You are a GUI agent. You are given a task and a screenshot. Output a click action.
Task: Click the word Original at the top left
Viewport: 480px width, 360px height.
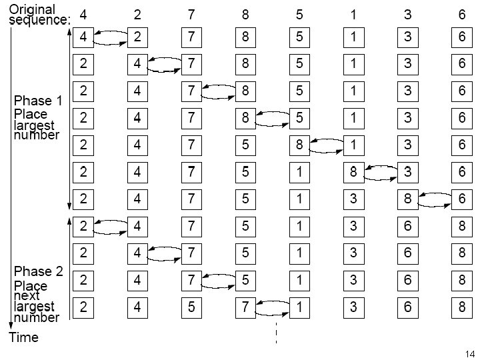pos(32,9)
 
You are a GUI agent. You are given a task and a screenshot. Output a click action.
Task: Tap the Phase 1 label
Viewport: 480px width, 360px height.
pos(38,101)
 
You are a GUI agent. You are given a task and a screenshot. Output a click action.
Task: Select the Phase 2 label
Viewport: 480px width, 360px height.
pos(38,271)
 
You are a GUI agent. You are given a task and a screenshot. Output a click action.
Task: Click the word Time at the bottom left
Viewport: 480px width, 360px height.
pos(24,337)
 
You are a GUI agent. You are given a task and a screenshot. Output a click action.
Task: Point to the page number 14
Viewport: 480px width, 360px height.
pos(470,353)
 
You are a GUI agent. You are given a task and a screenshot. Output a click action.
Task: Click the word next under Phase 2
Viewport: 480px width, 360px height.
pos(27,296)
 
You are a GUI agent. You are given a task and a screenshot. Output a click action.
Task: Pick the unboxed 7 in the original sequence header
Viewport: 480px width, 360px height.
pos(191,15)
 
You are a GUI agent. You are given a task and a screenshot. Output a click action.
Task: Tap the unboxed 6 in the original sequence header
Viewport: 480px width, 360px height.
pos(461,15)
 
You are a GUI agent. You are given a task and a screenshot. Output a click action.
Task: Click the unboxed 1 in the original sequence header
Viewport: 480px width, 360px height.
pos(353,15)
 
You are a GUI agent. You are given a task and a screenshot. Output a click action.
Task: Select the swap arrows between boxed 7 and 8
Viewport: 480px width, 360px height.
pos(219,92)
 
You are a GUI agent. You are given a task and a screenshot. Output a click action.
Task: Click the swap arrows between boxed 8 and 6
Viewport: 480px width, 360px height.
pos(435,199)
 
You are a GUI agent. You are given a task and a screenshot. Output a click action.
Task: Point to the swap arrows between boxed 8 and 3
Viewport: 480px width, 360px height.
pos(381,173)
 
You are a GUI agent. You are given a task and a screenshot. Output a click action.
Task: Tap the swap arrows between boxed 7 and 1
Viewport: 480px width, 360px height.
pos(273,308)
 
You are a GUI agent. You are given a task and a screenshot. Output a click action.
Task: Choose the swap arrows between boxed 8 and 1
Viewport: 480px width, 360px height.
pos(327,146)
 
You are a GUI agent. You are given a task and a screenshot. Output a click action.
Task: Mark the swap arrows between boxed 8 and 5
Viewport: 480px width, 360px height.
pos(273,119)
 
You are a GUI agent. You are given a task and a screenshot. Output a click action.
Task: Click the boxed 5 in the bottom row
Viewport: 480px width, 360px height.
pos(191,307)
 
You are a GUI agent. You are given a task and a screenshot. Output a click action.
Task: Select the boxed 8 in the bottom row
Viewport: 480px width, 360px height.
pos(461,307)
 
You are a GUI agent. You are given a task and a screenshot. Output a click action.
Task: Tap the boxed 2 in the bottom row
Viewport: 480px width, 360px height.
pos(83,307)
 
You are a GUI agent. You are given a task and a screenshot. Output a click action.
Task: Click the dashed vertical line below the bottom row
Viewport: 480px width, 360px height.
pos(277,333)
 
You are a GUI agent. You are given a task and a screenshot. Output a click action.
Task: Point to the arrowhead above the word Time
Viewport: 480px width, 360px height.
pos(11,325)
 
